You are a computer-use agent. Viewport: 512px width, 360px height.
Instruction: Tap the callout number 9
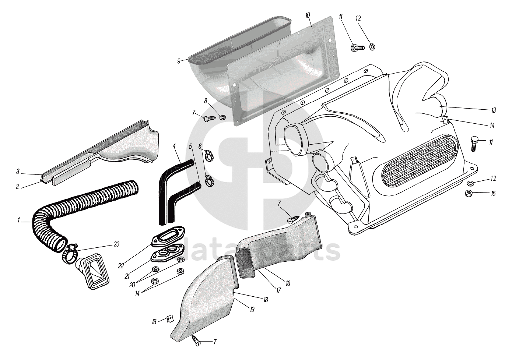(x=179, y=61)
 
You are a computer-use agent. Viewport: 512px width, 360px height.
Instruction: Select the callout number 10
(x=308, y=15)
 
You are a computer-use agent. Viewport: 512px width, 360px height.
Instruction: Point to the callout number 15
(x=493, y=193)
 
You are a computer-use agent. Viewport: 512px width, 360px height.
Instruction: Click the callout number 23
(x=116, y=244)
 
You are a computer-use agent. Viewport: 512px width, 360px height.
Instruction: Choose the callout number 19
(x=252, y=310)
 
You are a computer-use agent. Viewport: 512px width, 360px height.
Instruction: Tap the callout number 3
(x=18, y=172)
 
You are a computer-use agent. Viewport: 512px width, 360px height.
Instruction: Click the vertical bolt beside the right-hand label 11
(x=474, y=144)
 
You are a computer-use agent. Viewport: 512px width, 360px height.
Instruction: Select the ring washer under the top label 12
(x=372, y=47)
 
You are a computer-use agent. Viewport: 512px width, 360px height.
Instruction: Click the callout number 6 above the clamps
(x=200, y=146)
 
